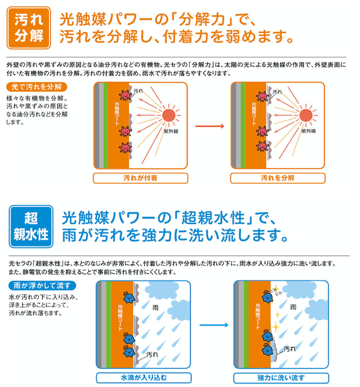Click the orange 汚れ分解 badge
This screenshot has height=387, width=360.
pos(29,28)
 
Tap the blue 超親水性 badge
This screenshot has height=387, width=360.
pos(31,226)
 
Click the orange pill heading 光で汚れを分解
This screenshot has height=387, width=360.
pos(37,87)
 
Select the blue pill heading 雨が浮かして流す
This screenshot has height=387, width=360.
pos(42,285)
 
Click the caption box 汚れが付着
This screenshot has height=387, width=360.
pos(140,178)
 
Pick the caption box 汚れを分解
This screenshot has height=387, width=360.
pos(278,178)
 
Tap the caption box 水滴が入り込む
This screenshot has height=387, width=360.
pos(144,378)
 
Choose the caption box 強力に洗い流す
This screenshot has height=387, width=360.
pos(281,378)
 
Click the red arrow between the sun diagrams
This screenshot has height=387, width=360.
pos(210,126)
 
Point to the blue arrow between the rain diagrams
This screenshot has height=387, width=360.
pos(214,325)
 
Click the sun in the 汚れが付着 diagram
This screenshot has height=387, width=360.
pos(169,115)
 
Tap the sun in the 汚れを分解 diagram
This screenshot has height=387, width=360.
pos(306,115)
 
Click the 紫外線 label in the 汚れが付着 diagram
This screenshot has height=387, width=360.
pos(171,131)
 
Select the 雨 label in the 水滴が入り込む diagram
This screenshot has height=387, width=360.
pos(155,308)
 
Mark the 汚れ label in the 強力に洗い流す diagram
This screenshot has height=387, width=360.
pos(290,349)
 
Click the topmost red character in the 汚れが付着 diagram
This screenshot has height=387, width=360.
pos(125,95)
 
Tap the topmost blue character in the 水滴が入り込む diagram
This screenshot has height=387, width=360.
pos(129,298)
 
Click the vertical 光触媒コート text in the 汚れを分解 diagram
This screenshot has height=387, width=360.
pos(254,114)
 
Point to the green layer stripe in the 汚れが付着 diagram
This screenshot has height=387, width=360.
pos(105,125)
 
